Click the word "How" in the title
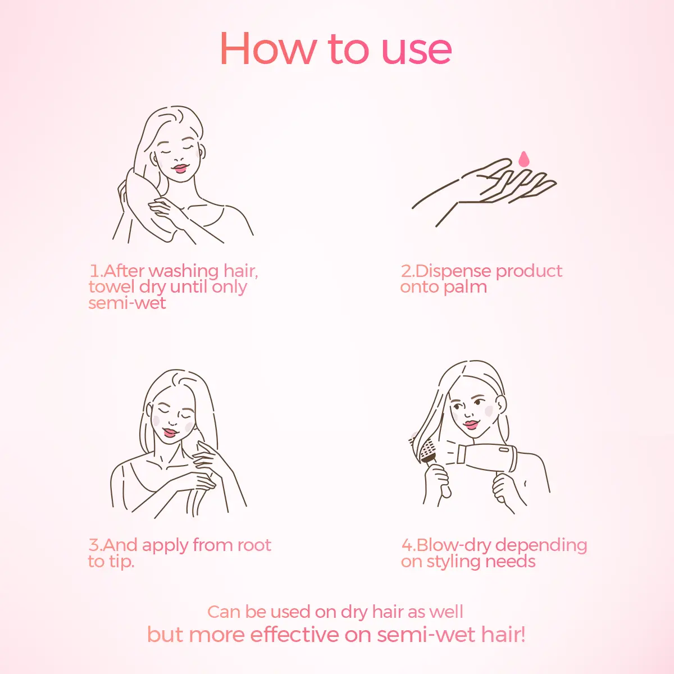[268, 49]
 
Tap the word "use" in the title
[417, 52]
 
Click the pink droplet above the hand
[523, 159]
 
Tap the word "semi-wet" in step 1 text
[127, 303]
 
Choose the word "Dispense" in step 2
[454, 271]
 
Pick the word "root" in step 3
[254, 545]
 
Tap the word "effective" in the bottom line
[294, 635]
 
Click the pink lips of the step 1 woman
[180, 168]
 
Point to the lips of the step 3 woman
[170, 432]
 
